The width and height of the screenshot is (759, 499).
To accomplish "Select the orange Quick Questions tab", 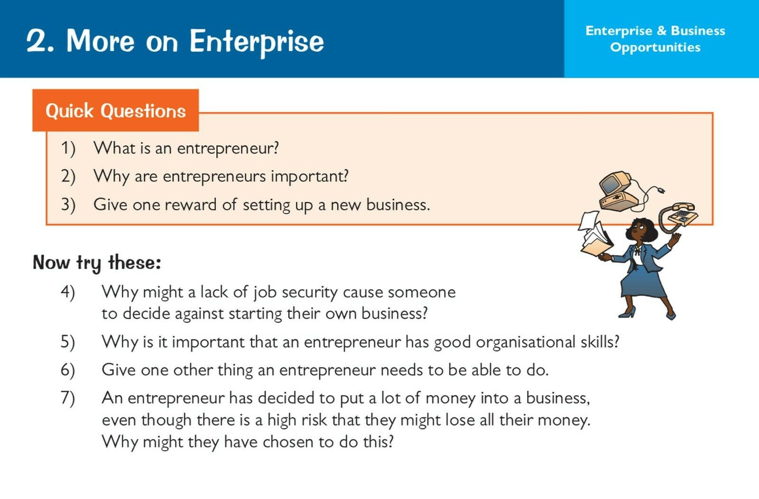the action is [116, 110].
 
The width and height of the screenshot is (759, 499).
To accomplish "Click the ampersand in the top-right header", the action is [661, 31].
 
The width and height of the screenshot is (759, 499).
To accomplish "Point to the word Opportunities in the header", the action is [655, 47].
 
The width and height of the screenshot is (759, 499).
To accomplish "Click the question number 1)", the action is [68, 148].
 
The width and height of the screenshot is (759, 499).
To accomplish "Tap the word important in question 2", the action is [309, 176].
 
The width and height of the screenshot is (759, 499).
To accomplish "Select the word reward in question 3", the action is [190, 204].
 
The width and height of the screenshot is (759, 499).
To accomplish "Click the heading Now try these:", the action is [97, 262].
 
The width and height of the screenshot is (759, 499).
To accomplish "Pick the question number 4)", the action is [68, 292].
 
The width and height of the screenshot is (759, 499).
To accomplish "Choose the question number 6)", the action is [68, 370].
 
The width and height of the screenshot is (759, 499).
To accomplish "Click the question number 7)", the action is [68, 397].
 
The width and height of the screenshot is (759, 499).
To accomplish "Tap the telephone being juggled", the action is [679, 216].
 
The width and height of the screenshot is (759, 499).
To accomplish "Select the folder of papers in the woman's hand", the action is [595, 237].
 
